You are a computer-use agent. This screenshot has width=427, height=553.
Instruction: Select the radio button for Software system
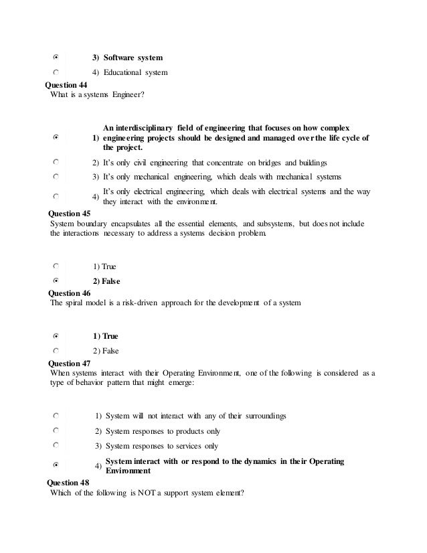(56, 58)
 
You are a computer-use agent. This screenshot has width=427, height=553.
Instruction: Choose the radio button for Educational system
(56, 72)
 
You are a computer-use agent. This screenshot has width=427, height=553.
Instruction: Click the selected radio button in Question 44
(56, 137)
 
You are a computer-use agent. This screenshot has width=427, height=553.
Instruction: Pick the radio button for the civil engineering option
(56, 162)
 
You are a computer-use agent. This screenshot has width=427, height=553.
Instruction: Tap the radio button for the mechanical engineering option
(56, 177)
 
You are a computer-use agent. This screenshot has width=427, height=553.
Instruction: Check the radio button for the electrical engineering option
(56, 197)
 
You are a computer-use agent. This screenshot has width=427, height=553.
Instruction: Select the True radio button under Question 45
(56, 266)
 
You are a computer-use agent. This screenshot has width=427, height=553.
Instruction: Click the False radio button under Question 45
(56, 281)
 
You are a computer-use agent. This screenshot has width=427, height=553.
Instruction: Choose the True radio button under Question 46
(56, 335)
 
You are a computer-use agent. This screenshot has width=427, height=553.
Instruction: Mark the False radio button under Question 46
(56, 349)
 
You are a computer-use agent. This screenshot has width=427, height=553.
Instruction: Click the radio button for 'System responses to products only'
(56, 430)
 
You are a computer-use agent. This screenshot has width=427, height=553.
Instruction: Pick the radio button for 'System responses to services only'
(56, 445)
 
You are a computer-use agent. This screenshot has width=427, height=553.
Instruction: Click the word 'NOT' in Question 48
(147, 493)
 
